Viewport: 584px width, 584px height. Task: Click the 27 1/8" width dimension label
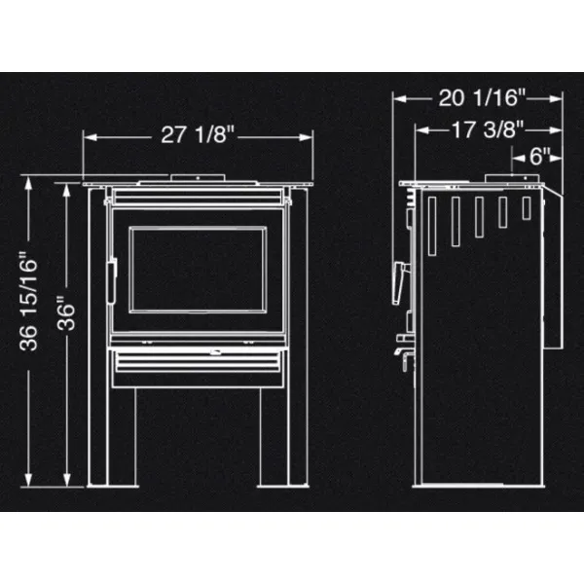(198, 134)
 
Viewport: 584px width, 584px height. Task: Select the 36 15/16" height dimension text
(29, 302)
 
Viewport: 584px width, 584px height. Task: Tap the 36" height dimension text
(66, 313)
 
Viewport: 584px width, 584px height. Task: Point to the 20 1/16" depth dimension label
(482, 98)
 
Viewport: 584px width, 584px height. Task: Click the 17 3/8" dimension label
(488, 129)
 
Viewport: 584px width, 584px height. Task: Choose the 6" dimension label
(539, 156)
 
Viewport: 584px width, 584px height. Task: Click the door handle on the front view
(112, 281)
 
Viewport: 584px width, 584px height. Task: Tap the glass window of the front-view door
(198, 269)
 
